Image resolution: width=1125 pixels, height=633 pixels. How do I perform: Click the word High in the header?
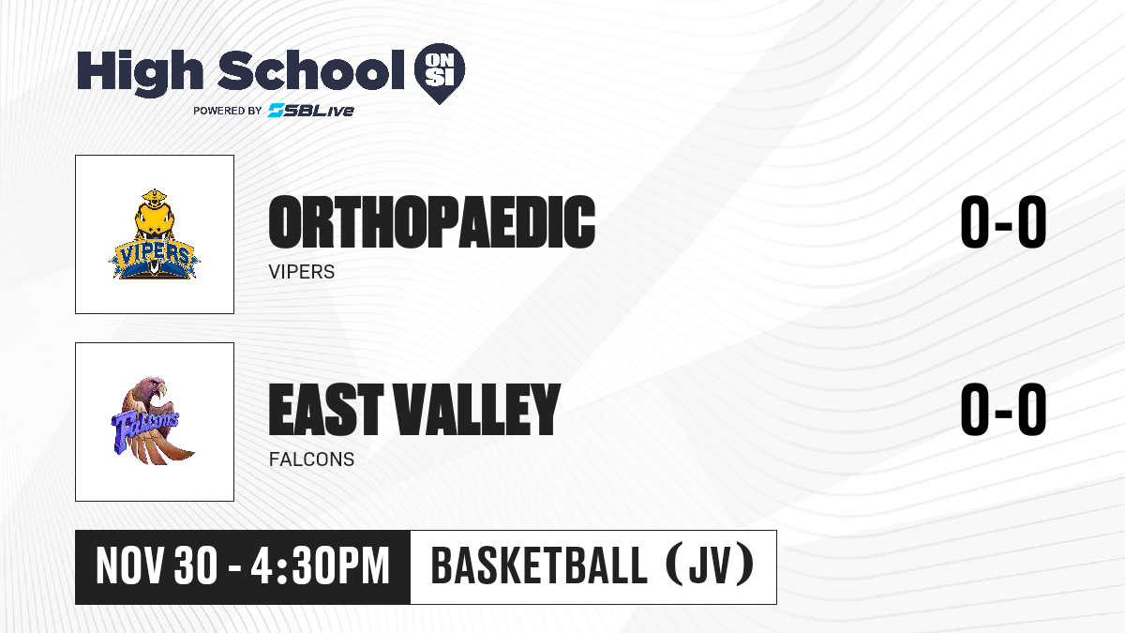tap(141, 72)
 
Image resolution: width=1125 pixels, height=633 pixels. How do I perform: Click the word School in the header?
tap(311, 70)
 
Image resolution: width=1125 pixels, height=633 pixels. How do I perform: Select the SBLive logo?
tap(311, 110)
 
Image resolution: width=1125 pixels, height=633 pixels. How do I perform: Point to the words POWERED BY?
tap(228, 111)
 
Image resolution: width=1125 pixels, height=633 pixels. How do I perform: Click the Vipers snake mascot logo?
tap(154, 234)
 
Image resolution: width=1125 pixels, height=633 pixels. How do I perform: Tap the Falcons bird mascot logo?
tap(152, 421)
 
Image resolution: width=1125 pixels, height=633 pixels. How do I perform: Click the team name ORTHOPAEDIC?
tap(432, 221)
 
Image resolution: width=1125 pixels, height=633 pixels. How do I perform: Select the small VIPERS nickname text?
tap(301, 272)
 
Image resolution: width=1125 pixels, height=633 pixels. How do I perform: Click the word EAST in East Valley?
tap(326, 409)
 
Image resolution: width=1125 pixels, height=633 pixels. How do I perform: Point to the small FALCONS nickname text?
tap(311, 460)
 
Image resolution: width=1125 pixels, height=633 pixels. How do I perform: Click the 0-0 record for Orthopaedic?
tap(1003, 221)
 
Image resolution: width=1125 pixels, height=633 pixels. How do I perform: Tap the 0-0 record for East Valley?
tap(1003, 409)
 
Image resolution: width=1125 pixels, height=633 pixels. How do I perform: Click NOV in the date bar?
tap(130, 566)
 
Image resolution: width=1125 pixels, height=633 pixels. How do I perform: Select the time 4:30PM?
tap(321, 566)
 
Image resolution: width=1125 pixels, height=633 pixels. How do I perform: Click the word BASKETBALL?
tap(539, 565)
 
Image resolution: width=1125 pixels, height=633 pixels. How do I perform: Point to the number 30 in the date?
tap(196, 566)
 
